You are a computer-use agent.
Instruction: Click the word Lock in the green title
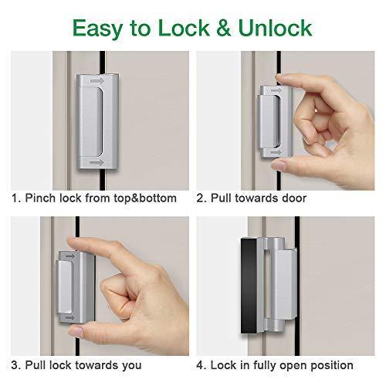tap(184, 28)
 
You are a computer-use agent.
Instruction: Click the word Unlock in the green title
tap(275, 28)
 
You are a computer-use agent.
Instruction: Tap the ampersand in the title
tap(223, 28)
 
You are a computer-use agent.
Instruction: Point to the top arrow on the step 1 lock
tap(97, 81)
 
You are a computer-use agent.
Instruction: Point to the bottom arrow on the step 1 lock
tap(97, 163)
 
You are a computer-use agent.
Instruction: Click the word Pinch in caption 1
tap(40, 198)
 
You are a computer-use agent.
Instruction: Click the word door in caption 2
tap(294, 198)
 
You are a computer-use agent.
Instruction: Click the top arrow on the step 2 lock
tap(276, 90)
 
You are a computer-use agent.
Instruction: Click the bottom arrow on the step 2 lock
tap(276, 153)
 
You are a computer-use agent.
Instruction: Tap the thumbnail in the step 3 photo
tap(76, 332)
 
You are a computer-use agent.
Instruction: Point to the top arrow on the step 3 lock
tap(70, 256)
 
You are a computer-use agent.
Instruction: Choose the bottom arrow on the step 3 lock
tap(69, 318)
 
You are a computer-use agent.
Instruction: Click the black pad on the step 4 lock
tap(249, 286)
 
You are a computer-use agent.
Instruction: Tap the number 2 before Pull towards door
tap(200, 198)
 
